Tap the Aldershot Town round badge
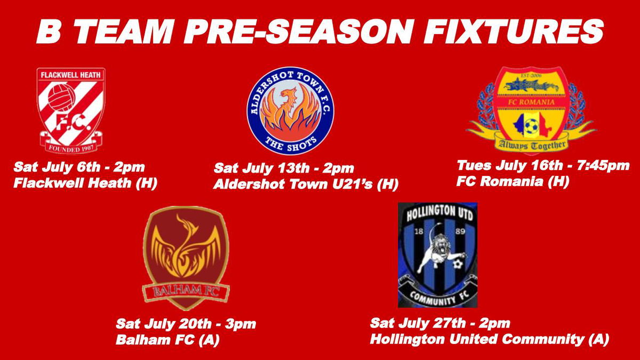click(x=291, y=110)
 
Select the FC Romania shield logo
click(x=531, y=109)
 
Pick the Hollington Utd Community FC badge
click(x=437, y=255)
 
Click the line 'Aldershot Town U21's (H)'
click(x=306, y=185)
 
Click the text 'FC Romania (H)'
click(x=513, y=181)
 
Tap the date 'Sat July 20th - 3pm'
click(x=186, y=324)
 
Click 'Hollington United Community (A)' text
click(x=490, y=339)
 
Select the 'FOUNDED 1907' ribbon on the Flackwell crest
click(x=70, y=143)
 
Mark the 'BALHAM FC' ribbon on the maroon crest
click(x=186, y=291)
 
